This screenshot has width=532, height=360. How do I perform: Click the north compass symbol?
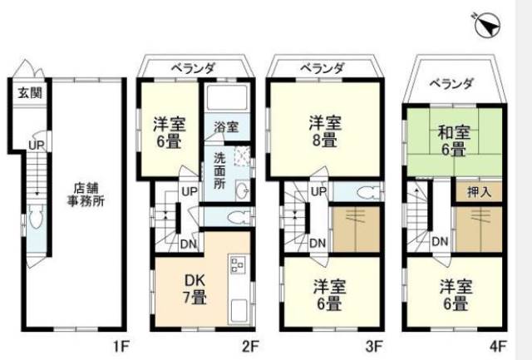click(488, 26)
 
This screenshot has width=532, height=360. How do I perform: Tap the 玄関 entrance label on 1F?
click(30, 92)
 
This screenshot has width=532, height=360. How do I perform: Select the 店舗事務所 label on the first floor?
click(86, 195)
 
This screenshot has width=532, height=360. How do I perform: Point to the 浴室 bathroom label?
click(226, 127)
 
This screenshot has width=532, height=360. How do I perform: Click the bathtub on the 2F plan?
click(227, 97)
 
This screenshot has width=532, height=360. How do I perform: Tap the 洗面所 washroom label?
click(219, 170)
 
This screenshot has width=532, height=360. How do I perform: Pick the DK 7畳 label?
click(195, 288)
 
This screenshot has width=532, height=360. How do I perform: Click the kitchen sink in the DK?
click(239, 311)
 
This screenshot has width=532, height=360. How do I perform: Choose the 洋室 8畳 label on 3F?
click(325, 131)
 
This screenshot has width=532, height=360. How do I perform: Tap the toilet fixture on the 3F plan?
click(369, 193)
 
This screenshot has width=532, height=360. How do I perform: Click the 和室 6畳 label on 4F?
click(454, 141)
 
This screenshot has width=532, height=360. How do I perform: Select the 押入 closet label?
click(479, 192)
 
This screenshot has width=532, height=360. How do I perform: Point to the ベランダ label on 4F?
click(451, 83)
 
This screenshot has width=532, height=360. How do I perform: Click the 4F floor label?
click(498, 347)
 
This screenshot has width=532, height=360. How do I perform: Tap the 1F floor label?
click(121, 347)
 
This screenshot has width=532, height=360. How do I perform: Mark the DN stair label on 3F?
click(318, 243)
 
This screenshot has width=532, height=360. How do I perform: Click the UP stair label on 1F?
click(37, 145)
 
